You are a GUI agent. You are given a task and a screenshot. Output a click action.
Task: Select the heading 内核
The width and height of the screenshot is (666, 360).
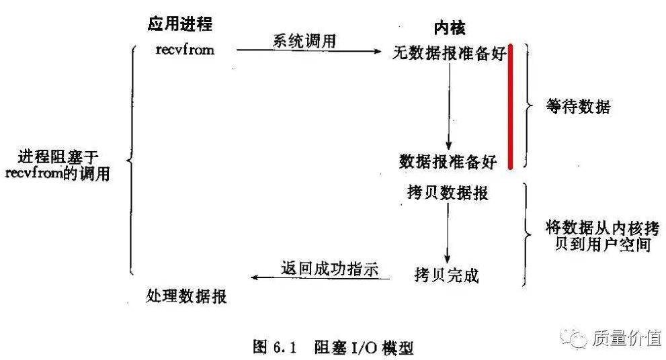(449, 28)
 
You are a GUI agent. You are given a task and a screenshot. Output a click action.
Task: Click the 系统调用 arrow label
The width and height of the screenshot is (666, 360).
(304, 41)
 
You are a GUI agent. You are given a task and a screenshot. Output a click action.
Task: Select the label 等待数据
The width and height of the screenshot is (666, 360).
(579, 107)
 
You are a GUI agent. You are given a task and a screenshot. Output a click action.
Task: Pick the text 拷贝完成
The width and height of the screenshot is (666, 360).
(446, 275)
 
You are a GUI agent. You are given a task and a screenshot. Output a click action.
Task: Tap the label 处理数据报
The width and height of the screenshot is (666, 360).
(186, 296)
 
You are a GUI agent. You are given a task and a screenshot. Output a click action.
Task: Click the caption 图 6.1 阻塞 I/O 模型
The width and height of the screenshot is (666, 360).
(333, 347)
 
